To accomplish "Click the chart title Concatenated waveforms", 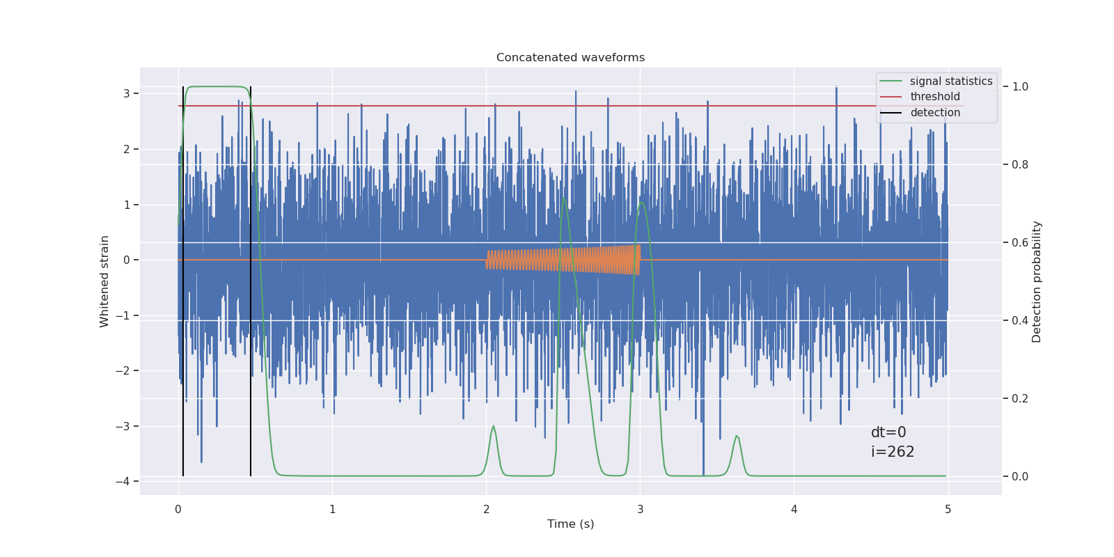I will (x=570, y=58).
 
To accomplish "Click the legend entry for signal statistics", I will (x=950, y=81).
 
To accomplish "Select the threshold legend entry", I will (x=934, y=97).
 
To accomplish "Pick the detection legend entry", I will (x=934, y=113).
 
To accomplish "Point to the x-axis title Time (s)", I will (x=570, y=524).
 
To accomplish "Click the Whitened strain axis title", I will (x=104, y=281).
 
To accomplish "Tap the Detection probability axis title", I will (x=1037, y=281).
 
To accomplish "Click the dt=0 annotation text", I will (x=888, y=432).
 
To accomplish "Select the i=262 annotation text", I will (x=893, y=452).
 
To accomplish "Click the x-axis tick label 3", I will (x=640, y=510).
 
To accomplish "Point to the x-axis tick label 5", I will (x=948, y=510).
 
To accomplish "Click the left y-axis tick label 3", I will (x=127, y=93).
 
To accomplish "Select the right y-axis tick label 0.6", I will (x=1019, y=242).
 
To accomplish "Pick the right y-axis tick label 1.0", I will (x=1019, y=86).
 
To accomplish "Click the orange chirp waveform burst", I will (x=564, y=260).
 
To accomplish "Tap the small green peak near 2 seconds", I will (x=494, y=427).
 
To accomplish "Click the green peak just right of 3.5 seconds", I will (x=737, y=437).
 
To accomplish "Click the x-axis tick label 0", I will (x=178, y=510).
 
